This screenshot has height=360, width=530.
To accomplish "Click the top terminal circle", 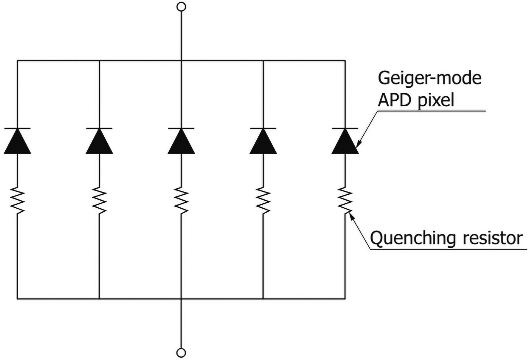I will [x=181, y=7].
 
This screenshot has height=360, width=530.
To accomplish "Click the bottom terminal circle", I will [x=181, y=352].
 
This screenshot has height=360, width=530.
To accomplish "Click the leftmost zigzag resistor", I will [x=17, y=200].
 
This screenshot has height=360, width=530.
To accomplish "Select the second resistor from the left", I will [x=99, y=200].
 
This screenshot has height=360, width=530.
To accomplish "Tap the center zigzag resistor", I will [x=181, y=200].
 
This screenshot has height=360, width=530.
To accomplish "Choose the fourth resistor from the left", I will [x=263, y=200].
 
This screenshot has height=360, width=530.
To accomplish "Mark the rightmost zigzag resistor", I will [x=345, y=200].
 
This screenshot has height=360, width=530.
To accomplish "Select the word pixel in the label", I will [x=436, y=100].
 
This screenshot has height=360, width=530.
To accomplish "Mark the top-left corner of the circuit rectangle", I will [x=17, y=61].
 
